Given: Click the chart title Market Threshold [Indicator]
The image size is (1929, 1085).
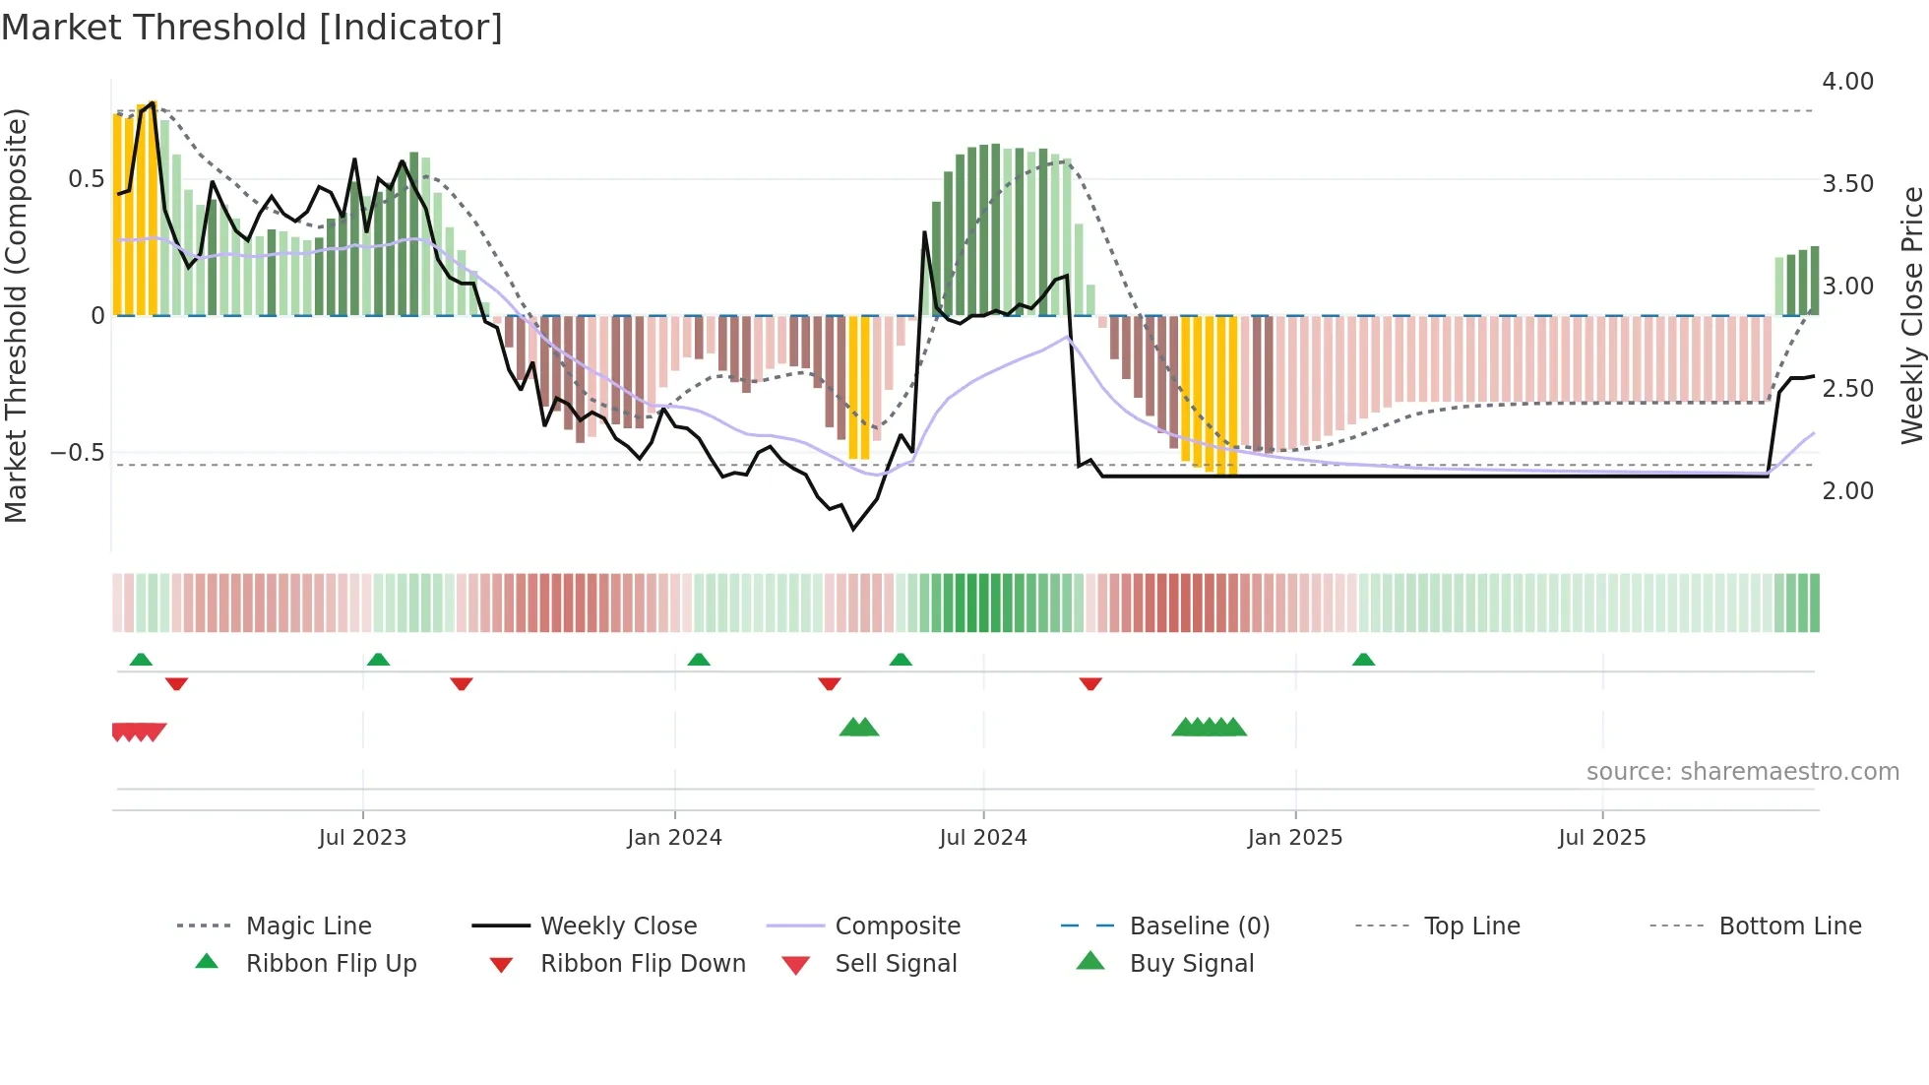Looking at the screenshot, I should (x=252, y=28).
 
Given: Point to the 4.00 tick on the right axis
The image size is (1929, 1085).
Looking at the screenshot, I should (x=1847, y=82).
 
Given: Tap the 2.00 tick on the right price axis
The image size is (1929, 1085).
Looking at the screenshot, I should (x=1847, y=491).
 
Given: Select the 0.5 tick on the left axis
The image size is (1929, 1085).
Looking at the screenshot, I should (x=86, y=179).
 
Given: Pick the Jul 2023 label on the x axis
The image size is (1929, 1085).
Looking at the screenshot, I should (x=362, y=838).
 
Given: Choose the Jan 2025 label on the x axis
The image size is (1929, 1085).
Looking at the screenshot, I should (x=1294, y=838).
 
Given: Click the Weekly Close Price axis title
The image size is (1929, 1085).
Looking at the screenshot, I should (x=1911, y=315).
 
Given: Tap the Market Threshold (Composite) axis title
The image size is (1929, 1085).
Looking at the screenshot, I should (x=16, y=315).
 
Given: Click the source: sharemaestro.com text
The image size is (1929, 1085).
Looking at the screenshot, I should (x=1742, y=772).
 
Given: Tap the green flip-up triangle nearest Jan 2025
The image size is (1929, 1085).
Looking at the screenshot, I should (x=1363, y=660).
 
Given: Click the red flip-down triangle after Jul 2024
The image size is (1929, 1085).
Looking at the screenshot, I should (x=1090, y=683).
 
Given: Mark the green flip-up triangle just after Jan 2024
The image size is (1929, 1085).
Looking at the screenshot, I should (x=699, y=660).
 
